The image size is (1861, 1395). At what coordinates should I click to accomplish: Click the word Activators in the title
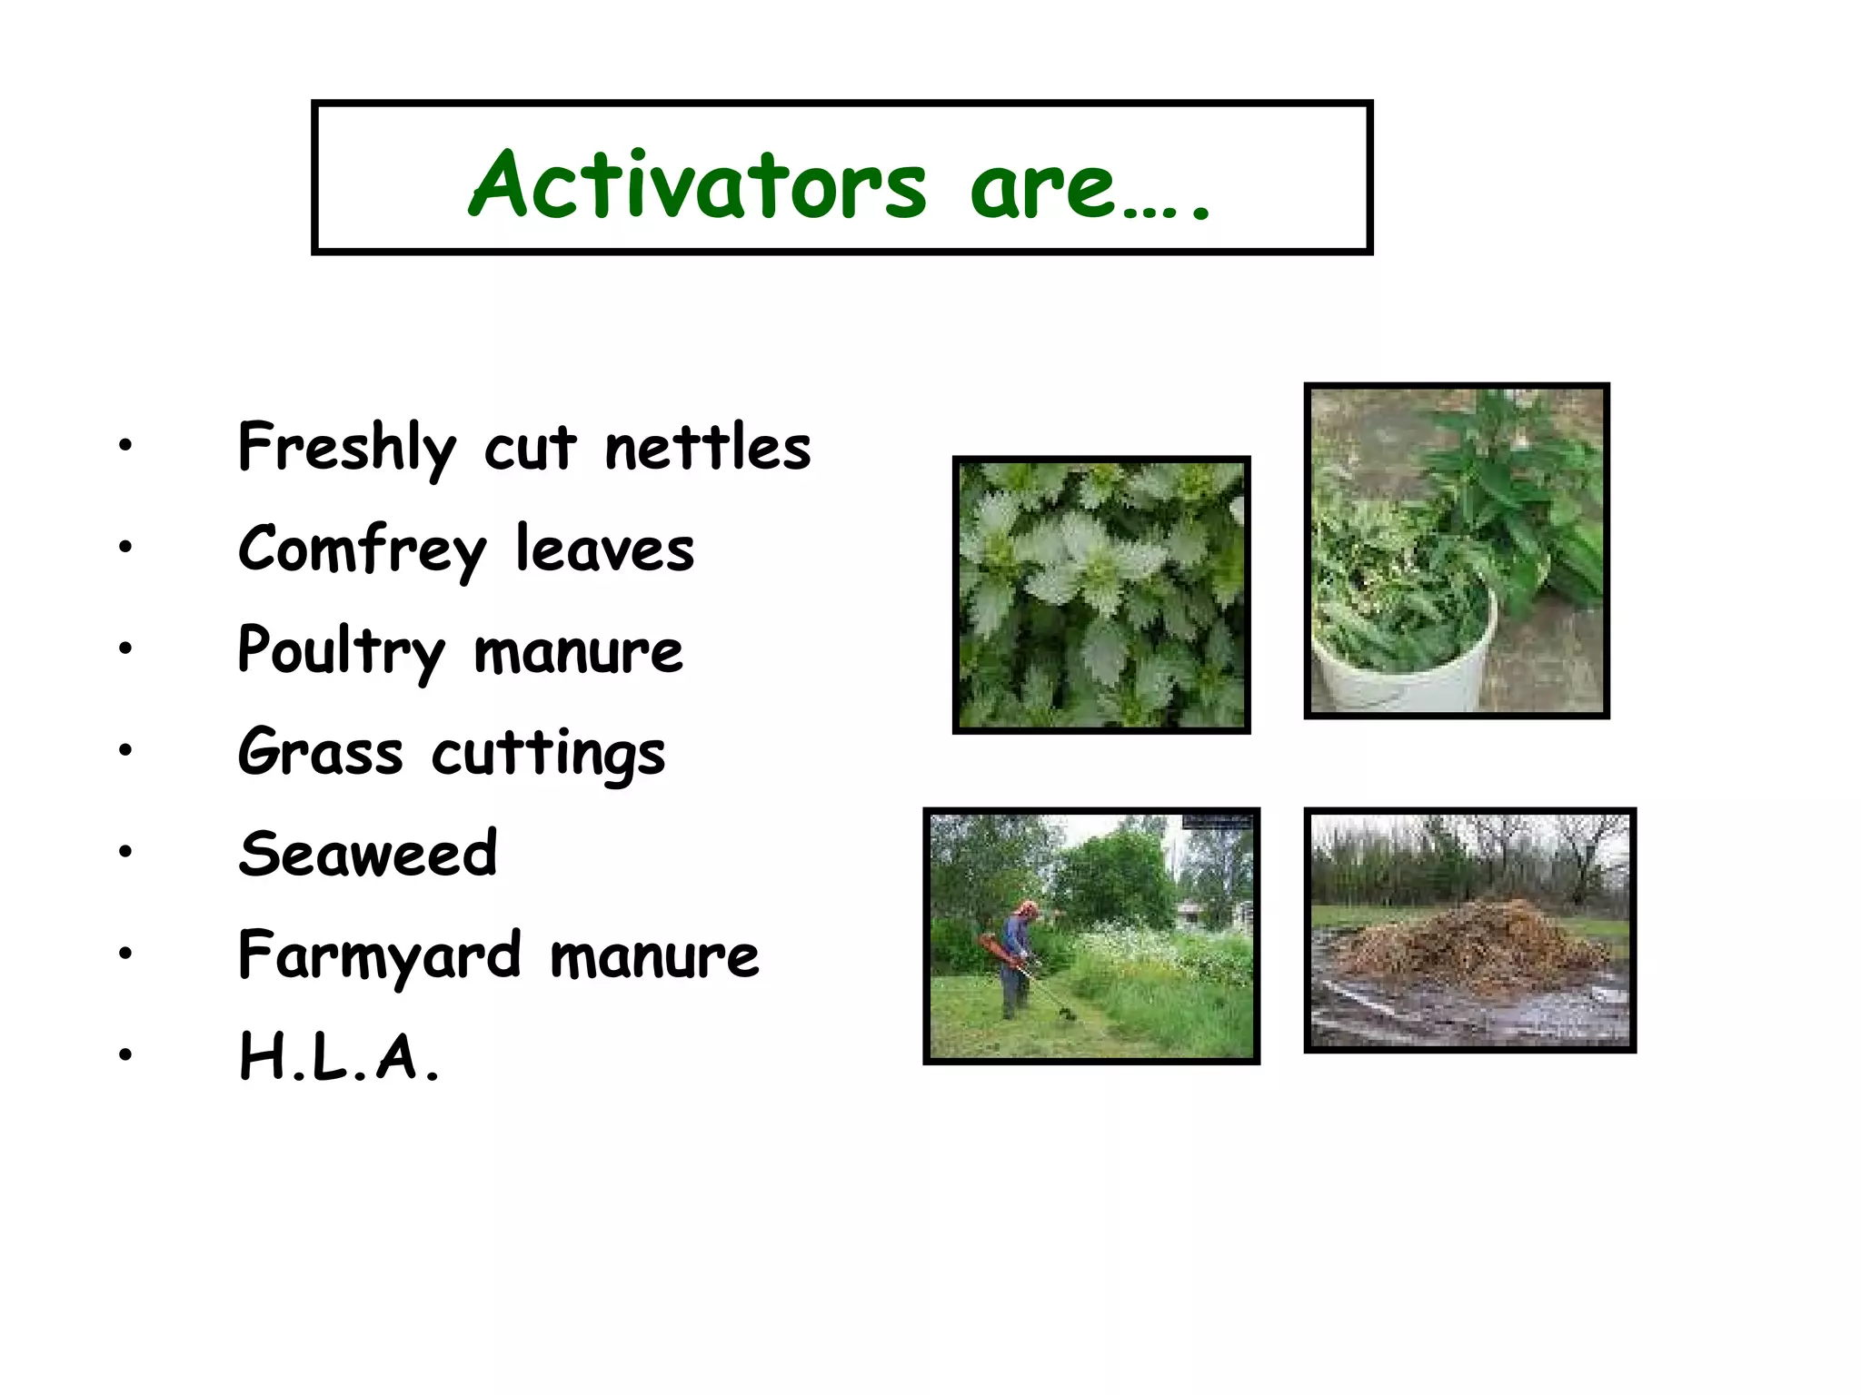[x=698, y=185]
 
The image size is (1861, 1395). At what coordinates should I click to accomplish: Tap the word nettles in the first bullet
[x=707, y=448]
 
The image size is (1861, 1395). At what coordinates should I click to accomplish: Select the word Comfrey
[x=362, y=549]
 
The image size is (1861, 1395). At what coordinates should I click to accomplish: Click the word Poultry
[x=341, y=651]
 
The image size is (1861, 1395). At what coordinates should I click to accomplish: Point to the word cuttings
[x=548, y=754]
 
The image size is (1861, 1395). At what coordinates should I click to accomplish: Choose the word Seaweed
[x=368, y=854]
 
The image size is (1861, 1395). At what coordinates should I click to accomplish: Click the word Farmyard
[x=380, y=956]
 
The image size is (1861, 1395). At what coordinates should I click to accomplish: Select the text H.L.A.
[x=339, y=1058]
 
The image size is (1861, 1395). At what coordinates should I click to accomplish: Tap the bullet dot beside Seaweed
[x=125, y=851]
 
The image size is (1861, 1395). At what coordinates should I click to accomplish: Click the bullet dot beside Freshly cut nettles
[x=125, y=445]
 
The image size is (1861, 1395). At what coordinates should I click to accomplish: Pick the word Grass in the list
[x=320, y=753]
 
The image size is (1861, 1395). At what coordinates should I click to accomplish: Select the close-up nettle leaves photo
[x=1101, y=595]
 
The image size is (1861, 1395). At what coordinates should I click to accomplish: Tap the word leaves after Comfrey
[x=604, y=549]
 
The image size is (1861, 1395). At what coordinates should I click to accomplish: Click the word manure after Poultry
[x=578, y=651]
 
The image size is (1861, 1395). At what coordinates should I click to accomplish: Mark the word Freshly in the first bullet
[x=347, y=448]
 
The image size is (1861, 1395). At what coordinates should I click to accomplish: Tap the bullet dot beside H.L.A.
[x=125, y=1054]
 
